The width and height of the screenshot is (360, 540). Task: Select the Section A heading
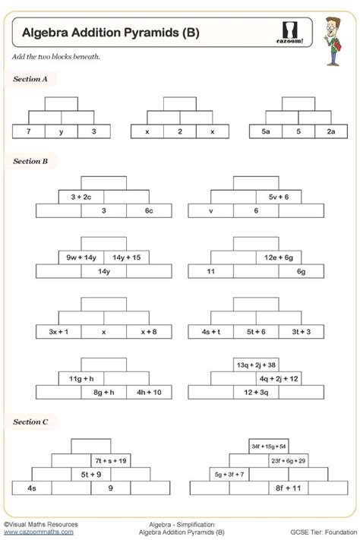30,78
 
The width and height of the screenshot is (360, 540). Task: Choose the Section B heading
30,161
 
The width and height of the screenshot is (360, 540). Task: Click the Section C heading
30,421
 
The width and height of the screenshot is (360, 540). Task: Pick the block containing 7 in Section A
28,131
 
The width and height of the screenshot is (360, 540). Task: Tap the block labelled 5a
266,131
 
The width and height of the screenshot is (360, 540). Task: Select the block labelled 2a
331,131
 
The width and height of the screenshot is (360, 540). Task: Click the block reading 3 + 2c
81,197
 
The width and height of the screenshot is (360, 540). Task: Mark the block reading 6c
149,210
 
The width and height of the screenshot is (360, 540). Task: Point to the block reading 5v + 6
279,197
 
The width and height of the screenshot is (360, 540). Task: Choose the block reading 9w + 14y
81,257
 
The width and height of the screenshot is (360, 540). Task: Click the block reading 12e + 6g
279,257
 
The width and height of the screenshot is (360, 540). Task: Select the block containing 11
211,271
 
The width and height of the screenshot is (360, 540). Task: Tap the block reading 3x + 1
58,332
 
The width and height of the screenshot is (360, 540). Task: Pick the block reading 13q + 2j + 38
256,365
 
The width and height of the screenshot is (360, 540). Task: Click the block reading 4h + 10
149,392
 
